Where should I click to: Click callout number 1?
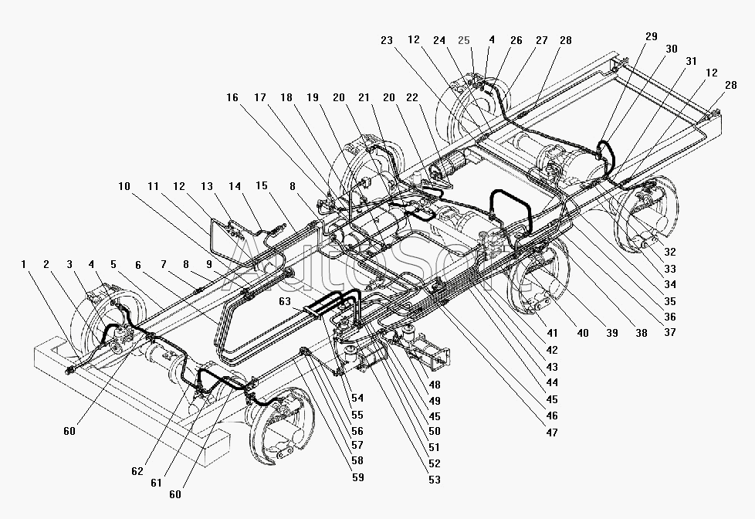(x=23, y=264)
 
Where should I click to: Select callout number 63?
(x=285, y=302)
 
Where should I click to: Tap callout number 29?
(x=651, y=36)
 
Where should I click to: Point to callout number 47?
(x=552, y=432)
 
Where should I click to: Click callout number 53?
(x=435, y=480)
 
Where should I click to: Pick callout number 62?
(x=137, y=471)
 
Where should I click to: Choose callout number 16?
(x=232, y=97)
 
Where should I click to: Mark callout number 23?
(x=387, y=40)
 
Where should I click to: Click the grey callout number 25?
(x=464, y=40)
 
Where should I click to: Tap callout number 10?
(x=124, y=186)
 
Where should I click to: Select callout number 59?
(x=357, y=477)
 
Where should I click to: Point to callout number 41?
(x=552, y=333)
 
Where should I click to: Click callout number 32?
(x=670, y=252)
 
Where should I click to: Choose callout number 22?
(x=412, y=97)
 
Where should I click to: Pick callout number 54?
(x=357, y=398)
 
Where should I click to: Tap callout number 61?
(x=156, y=483)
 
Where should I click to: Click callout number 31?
(x=692, y=61)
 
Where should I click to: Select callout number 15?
(x=262, y=186)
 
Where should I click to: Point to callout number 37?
(x=670, y=332)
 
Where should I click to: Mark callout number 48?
(x=435, y=385)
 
